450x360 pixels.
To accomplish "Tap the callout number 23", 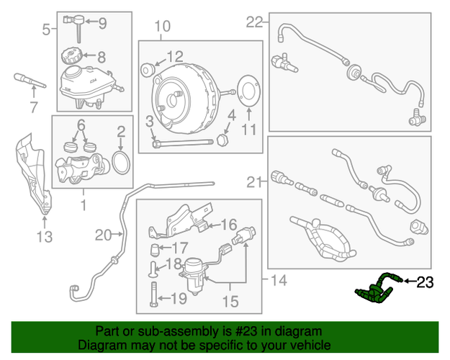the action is click(x=425, y=282).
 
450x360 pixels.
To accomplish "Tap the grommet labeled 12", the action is click(x=148, y=70).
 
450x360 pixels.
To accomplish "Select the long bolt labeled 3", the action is click(x=183, y=143).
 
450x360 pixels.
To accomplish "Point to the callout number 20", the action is click(x=103, y=235).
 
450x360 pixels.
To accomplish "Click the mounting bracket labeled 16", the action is click(x=181, y=221).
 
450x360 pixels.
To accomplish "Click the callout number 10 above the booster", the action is click(x=163, y=26).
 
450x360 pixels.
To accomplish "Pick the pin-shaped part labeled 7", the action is click(x=30, y=81).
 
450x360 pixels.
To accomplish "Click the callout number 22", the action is click(x=254, y=22).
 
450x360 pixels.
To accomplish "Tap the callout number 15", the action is click(x=230, y=301).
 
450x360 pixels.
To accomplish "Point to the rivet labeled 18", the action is click(x=153, y=269).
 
